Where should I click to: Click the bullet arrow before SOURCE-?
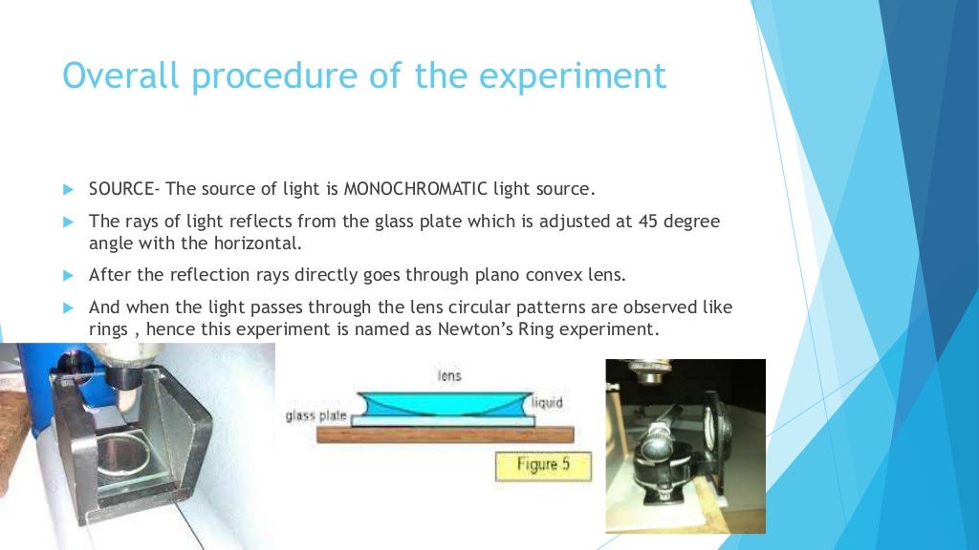click(x=68, y=189)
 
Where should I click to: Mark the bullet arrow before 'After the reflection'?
click(x=68, y=276)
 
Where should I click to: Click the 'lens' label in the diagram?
click(x=448, y=376)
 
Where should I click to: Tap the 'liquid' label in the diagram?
click(x=548, y=402)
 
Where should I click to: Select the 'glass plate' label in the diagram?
click(x=315, y=416)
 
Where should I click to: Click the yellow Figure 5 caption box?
click(x=542, y=465)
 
